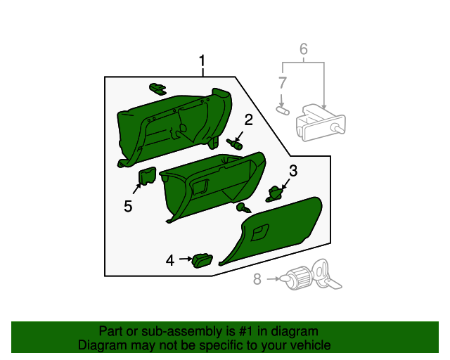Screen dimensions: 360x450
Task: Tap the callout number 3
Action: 293,170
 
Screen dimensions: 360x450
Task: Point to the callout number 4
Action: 169,260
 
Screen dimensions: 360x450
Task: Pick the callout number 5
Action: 128,206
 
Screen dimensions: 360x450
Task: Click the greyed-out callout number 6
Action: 304,49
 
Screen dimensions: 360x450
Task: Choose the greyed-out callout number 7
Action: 281,82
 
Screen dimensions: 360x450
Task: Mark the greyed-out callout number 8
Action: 257,279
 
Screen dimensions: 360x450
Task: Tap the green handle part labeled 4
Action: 203,259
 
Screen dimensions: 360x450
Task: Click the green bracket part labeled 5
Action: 147,176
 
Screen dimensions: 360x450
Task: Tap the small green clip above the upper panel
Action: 157,88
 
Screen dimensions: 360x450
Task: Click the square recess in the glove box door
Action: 260,231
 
